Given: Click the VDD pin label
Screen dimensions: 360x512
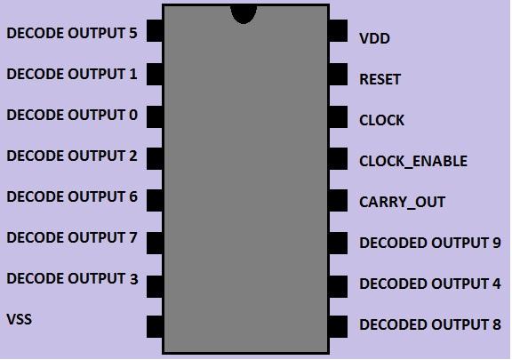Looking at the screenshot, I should point(374,39).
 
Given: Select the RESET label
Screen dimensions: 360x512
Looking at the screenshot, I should point(380,80).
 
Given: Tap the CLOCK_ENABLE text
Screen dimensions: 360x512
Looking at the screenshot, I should point(412,162).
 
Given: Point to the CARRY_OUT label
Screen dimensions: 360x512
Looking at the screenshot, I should point(402,203).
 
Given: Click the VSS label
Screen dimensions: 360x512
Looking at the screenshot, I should point(19,319).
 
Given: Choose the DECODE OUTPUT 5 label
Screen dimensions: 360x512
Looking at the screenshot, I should point(72,34).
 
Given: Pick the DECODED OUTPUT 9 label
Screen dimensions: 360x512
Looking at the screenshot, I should point(429,244).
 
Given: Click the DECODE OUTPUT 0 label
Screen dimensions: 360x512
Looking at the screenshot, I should point(72,116).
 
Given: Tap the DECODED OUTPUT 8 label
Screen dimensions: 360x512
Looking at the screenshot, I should point(429,325).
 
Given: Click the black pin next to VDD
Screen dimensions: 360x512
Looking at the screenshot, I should point(338,32).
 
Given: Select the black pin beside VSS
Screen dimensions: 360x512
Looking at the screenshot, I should point(154,326).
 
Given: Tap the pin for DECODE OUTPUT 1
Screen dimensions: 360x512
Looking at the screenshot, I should point(154,74).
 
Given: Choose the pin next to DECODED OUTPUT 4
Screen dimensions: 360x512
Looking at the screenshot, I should point(338,284).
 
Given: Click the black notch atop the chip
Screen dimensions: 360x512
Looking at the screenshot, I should point(243,12).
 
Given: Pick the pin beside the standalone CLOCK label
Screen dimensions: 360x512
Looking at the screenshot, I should point(338,116).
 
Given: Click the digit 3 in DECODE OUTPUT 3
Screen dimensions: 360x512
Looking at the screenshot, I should point(133,279).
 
